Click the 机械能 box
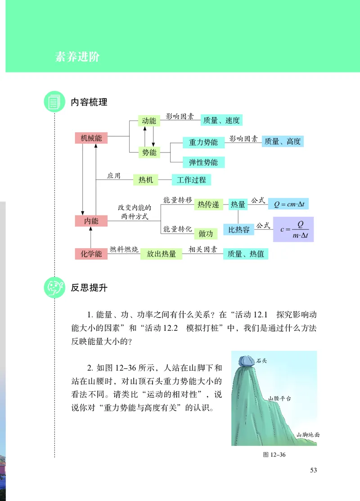click(91, 138)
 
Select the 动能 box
click(149, 121)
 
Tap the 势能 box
click(149, 152)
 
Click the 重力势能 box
click(203, 142)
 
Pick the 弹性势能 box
click(203, 162)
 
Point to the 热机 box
click(146, 180)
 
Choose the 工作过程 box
click(191, 180)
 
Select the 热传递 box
click(208, 204)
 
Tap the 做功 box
click(206, 233)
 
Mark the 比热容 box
click(239, 229)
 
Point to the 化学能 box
click(91, 254)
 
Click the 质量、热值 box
click(246, 254)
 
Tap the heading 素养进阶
click(77, 57)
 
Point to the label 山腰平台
click(279, 398)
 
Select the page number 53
click(314, 470)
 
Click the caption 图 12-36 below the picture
click(274, 454)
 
